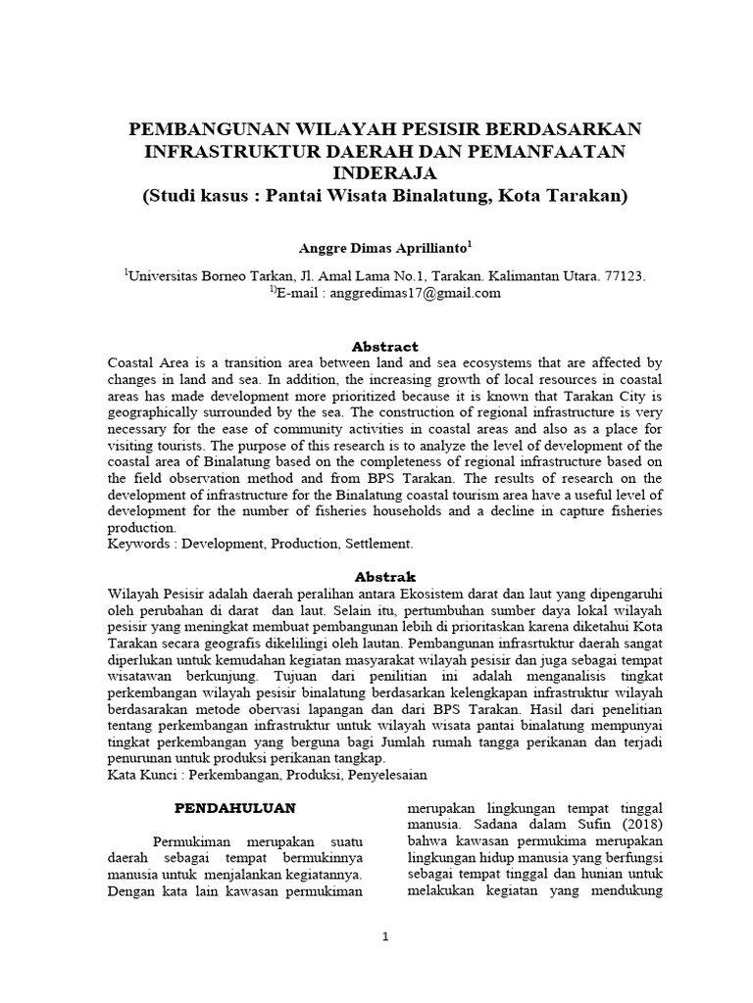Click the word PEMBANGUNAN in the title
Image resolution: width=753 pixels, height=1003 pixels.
coord(203,130)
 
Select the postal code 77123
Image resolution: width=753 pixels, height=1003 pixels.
coord(626,276)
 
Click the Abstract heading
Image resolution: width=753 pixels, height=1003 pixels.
coord(385,347)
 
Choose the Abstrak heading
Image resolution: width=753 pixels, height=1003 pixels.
coord(385,576)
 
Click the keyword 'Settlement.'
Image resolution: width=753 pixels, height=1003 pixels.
coord(377,542)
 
